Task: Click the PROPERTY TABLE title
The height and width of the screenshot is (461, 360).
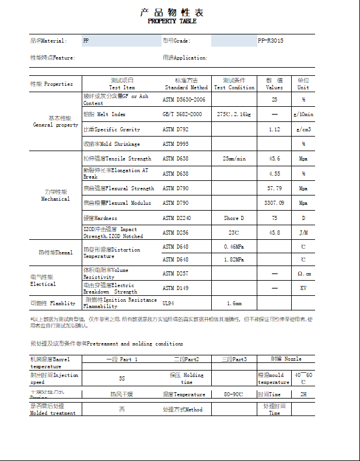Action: [x=172, y=21]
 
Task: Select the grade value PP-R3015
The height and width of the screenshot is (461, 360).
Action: [x=271, y=41]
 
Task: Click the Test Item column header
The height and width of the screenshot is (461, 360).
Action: [x=122, y=87]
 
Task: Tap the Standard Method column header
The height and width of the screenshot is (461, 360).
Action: [x=186, y=87]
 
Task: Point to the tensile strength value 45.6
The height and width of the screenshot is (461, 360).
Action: [x=274, y=159]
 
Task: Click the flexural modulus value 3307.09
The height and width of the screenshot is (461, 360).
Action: [x=274, y=203]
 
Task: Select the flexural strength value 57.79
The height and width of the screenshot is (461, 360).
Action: [x=274, y=188]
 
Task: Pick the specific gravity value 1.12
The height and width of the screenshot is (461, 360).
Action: [x=274, y=129]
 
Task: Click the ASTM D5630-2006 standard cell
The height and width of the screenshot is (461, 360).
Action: [x=184, y=100]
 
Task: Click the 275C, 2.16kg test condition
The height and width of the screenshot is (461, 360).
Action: [x=234, y=114]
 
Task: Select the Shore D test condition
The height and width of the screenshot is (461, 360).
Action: [x=234, y=218]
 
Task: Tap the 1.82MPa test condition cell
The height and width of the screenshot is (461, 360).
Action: [x=234, y=259]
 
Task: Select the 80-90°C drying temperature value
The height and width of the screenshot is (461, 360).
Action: [x=234, y=394]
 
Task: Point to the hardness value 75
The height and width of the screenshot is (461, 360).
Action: [x=274, y=218]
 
